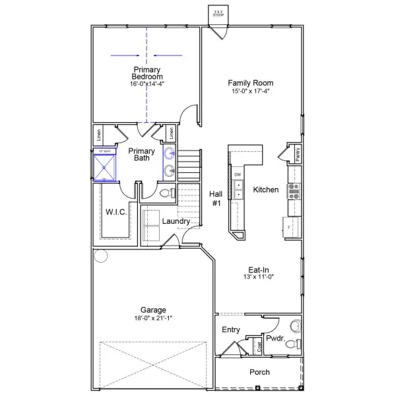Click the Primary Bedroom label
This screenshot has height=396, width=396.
click(x=147, y=73)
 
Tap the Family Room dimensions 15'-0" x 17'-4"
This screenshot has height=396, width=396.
click(x=251, y=91)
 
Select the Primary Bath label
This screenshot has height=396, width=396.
click(x=141, y=154)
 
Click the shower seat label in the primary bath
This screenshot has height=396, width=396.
click(x=102, y=152)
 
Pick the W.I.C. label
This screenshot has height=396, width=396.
click(x=116, y=212)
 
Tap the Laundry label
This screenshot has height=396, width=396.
click(x=176, y=221)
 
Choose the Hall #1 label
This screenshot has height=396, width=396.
click(x=216, y=199)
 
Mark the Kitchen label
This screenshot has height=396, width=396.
click(x=266, y=190)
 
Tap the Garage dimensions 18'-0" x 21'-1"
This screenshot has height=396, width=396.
click(x=153, y=318)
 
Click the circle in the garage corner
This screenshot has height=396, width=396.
click(x=100, y=255)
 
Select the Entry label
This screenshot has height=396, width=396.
click(x=231, y=330)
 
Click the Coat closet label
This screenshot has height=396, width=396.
click(x=260, y=345)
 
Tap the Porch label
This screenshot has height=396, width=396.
click(x=259, y=372)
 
